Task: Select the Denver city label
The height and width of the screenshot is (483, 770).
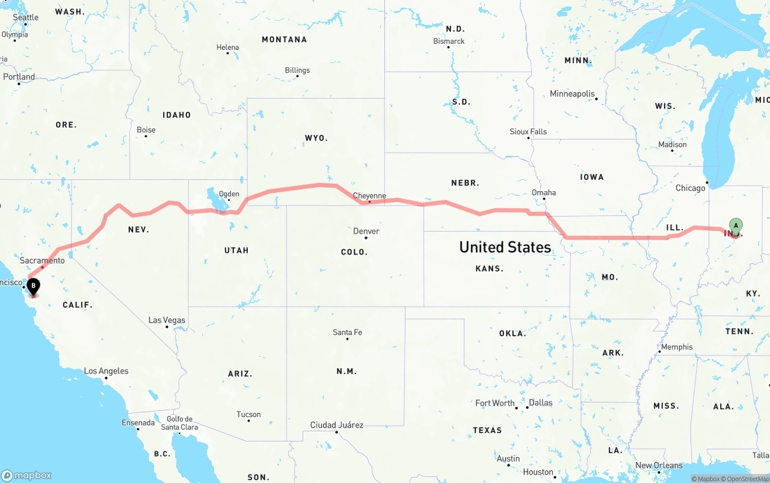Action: [366, 231]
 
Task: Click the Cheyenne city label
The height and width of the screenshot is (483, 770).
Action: [369, 195]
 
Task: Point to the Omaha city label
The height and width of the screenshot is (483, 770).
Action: [544, 192]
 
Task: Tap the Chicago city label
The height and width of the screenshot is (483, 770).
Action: [690, 188]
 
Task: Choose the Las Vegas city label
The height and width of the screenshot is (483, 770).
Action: [167, 320]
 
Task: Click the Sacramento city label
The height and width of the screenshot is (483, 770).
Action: [42, 260]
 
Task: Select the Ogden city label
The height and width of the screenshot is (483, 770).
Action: [229, 194]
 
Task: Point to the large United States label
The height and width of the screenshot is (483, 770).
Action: [505, 247]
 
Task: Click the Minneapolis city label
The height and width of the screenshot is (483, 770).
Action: [572, 94]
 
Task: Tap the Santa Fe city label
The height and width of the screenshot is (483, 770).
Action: [347, 332]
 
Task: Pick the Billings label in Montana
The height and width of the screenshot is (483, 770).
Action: [297, 70]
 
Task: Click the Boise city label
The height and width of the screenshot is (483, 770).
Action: [146, 129]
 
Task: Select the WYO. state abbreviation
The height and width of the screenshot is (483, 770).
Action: [316, 138]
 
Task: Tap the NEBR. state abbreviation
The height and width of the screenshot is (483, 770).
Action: [465, 183]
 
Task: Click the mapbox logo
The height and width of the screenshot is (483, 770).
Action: [26, 475]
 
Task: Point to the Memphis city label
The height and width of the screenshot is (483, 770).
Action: [677, 347]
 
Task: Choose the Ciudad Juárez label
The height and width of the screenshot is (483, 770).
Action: [337, 425]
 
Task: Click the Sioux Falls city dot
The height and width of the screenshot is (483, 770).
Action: [529, 138]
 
